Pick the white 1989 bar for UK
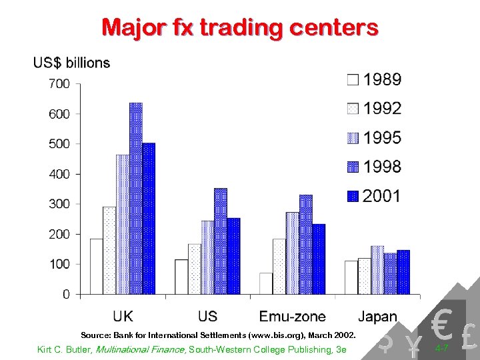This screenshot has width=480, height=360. pos(97,266)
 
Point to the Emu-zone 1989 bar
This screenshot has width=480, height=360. pos(266,283)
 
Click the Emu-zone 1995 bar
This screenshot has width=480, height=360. pos(293,253)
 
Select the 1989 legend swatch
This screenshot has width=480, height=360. pos(353,81)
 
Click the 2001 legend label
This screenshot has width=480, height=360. pos(382,196)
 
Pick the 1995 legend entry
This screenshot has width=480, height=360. pos(382,138)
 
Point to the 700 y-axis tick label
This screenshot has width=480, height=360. pos(59,84)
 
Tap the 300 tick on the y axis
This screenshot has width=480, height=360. pos(59,204)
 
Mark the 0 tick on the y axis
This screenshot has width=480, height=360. pos(66,294)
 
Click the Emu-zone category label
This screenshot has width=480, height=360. pos(293,316)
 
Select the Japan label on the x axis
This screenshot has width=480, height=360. pos(377,317)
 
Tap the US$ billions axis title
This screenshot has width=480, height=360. pos(71,63)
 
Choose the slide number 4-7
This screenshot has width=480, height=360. pos(441,349)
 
